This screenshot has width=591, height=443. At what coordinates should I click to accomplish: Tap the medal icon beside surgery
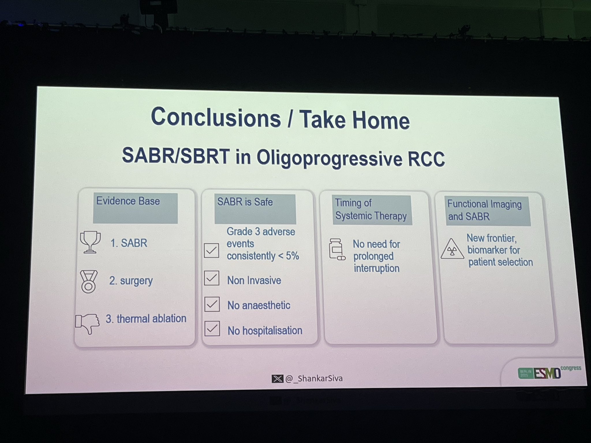pos(89,282)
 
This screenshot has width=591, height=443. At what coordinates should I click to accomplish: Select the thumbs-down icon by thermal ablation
pos(87,323)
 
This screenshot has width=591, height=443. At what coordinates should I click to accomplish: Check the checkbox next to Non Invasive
pos(212,278)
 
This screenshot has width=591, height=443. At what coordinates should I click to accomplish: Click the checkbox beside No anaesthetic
pos(212,304)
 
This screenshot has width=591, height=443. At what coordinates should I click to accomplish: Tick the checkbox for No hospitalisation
pos(212,329)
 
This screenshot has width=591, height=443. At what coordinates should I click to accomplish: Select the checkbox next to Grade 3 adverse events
pos(211,250)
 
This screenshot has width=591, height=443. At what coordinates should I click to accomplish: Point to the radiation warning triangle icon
pos(452,249)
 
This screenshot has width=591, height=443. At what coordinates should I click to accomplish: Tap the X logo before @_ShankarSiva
pos(277,378)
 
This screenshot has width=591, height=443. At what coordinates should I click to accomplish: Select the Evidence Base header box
pos(135,208)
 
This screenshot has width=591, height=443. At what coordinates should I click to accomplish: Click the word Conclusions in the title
pos(216,117)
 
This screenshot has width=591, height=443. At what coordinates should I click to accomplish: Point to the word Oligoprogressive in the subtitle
pos(329,158)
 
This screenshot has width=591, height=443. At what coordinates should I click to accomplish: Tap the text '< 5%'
pos(289,256)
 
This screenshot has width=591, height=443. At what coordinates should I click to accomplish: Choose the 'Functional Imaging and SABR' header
pos(488,211)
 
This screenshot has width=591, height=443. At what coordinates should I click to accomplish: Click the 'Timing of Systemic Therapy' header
pos(372,210)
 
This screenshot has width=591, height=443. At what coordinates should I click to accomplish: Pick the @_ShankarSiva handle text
pos(314,378)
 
